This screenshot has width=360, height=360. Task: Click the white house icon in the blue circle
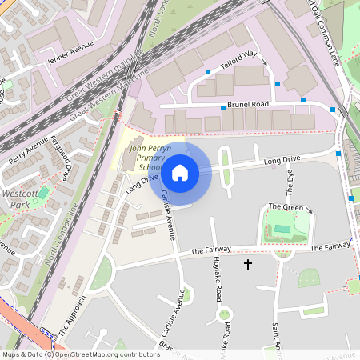point(180,172)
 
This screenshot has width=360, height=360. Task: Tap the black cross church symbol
point(247,263)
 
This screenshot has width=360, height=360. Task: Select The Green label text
point(286,207)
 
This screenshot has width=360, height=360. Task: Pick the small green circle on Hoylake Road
point(224,314)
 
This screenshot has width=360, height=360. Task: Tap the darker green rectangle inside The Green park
point(282,230)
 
